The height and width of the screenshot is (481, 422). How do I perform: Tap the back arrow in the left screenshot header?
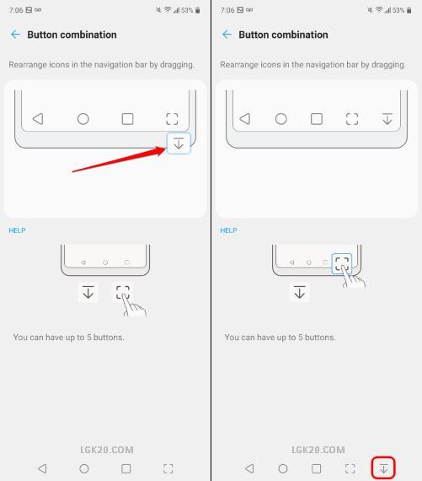(15, 35)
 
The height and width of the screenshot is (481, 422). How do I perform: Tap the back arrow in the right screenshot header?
(227, 35)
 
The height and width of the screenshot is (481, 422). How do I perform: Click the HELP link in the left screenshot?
(17, 230)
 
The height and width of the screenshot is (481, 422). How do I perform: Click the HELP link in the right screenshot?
(228, 230)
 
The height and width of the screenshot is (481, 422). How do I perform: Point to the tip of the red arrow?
(166, 149)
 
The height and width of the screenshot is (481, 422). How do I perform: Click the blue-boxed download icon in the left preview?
(179, 143)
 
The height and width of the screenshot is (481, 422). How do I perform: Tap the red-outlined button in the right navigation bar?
(383, 468)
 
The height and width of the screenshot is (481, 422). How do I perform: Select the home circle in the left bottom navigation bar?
(84, 468)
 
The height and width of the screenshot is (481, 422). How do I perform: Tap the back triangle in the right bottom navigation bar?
(250, 468)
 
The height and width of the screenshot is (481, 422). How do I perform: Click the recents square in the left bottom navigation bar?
(126, 468)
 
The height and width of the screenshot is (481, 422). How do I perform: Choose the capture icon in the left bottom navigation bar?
(168, 468)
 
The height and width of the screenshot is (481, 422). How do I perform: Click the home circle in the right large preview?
(281, 119)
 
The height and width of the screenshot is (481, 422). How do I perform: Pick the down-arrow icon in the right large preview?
(387, 119)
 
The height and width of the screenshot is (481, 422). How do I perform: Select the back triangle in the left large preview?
(38, 119)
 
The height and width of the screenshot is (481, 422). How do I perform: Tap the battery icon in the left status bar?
(198, 10)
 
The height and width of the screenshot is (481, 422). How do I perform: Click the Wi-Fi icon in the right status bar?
(379, 10)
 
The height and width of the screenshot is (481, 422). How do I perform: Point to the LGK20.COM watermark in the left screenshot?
(107, 450)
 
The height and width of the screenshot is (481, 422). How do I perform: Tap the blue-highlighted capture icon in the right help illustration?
(342, 263)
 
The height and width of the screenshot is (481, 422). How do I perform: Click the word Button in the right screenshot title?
(255, 35)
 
